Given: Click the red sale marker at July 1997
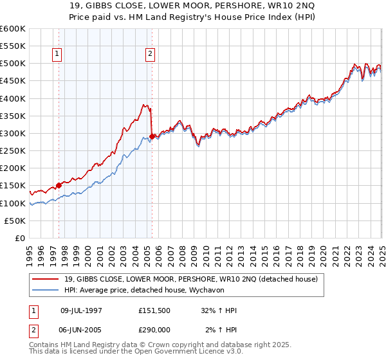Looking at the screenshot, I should click(x=59, y=185).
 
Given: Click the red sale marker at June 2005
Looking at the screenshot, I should click(x=152, y=136).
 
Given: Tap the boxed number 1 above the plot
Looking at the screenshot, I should click(x=58, y=55).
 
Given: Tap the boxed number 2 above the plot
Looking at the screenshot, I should click(x=150, y=55).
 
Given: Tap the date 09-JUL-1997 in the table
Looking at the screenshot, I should click(x=81, y=310).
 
